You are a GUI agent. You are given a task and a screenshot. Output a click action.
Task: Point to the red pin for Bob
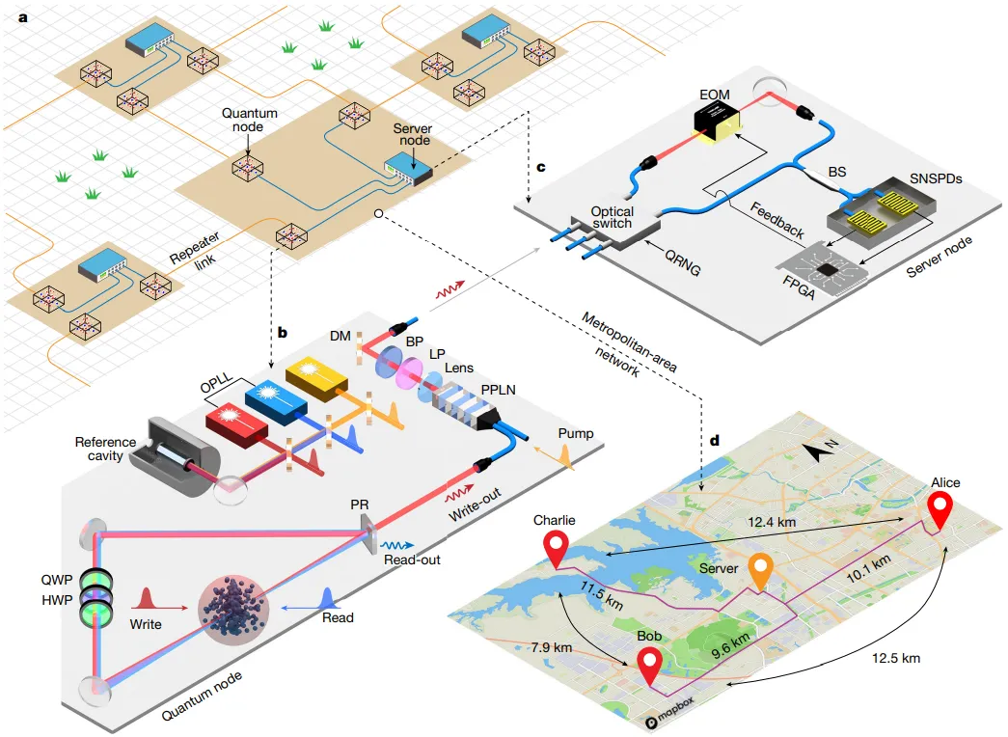coord(649,667)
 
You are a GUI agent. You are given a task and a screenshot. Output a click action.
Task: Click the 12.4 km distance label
coord(772,522)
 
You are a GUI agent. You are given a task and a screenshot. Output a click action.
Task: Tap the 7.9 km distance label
coord(552,647)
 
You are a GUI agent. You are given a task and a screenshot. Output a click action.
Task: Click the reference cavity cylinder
coord(175,457)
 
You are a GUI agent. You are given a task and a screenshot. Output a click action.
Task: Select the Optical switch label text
coord(612,217)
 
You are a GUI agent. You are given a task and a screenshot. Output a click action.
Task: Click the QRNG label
coord(683,261)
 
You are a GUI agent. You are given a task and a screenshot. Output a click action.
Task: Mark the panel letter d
coord(714,441)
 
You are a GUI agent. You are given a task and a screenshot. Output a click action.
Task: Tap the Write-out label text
coord(475,506)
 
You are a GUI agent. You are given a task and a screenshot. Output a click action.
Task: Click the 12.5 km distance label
coord(895,658)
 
